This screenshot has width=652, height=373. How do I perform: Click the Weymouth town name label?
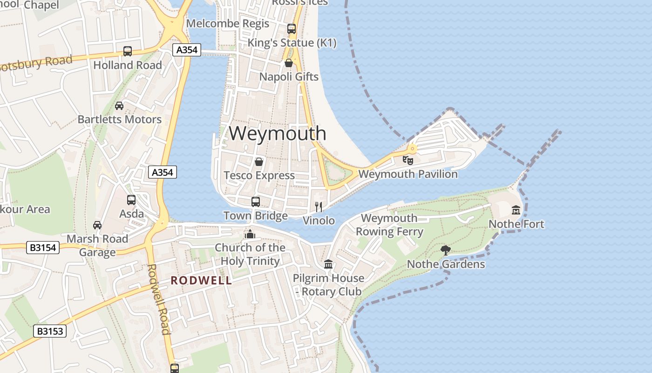[x=278, y=133]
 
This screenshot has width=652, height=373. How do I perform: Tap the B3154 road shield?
[x=43, y=247]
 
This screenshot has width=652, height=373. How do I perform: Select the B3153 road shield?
[x=50, y=332]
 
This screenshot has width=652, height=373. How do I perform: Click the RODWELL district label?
[x=201, y=281]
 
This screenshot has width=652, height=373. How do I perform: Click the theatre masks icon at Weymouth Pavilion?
[x=408, y=160]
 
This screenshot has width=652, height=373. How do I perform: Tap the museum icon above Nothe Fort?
[x=516, y=210]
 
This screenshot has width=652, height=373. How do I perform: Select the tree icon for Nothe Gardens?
[x=446, y=250]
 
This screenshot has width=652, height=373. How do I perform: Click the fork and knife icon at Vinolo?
[x=319, y=207]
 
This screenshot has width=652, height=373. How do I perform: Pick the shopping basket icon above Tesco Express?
[x=259, y=162]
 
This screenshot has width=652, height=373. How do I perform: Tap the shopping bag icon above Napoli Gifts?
[x=289, y=63]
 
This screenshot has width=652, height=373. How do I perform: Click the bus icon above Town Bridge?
[x=255, y=202]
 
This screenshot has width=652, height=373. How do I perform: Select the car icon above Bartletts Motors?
[x=119, y=106]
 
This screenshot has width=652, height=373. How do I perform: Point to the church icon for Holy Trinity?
[x=250, y=234]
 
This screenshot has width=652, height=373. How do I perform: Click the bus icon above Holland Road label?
[x=128, y=51]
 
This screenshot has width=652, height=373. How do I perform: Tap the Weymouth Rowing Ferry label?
[x=389, y=225]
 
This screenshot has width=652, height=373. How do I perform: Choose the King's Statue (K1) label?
[x=292, y=43]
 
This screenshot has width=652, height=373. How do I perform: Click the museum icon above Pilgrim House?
[x=328, y=264]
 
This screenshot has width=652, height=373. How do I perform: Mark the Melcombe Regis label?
[x=228, y=23]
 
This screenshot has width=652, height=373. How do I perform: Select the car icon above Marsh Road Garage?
[x=97, y=225]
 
